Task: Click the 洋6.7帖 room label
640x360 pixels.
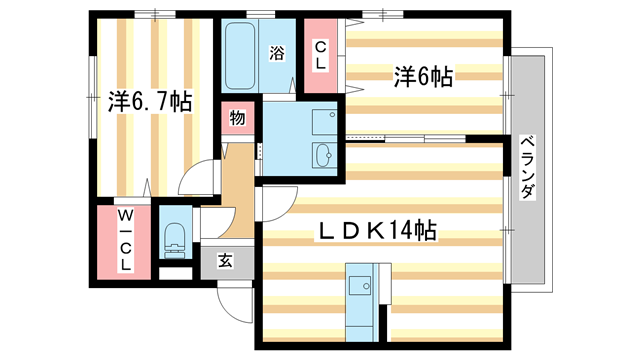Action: (150, 102)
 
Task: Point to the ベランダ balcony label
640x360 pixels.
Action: (527, 169)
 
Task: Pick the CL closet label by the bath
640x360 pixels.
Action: (321, 55)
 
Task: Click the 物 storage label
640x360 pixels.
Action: (237, 118)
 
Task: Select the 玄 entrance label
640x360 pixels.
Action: (225, 261)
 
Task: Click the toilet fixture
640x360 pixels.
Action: (173, 239)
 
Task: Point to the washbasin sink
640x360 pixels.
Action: (325, 154)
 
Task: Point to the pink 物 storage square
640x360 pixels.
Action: (237, 118)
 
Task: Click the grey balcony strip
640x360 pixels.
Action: (527, 170)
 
